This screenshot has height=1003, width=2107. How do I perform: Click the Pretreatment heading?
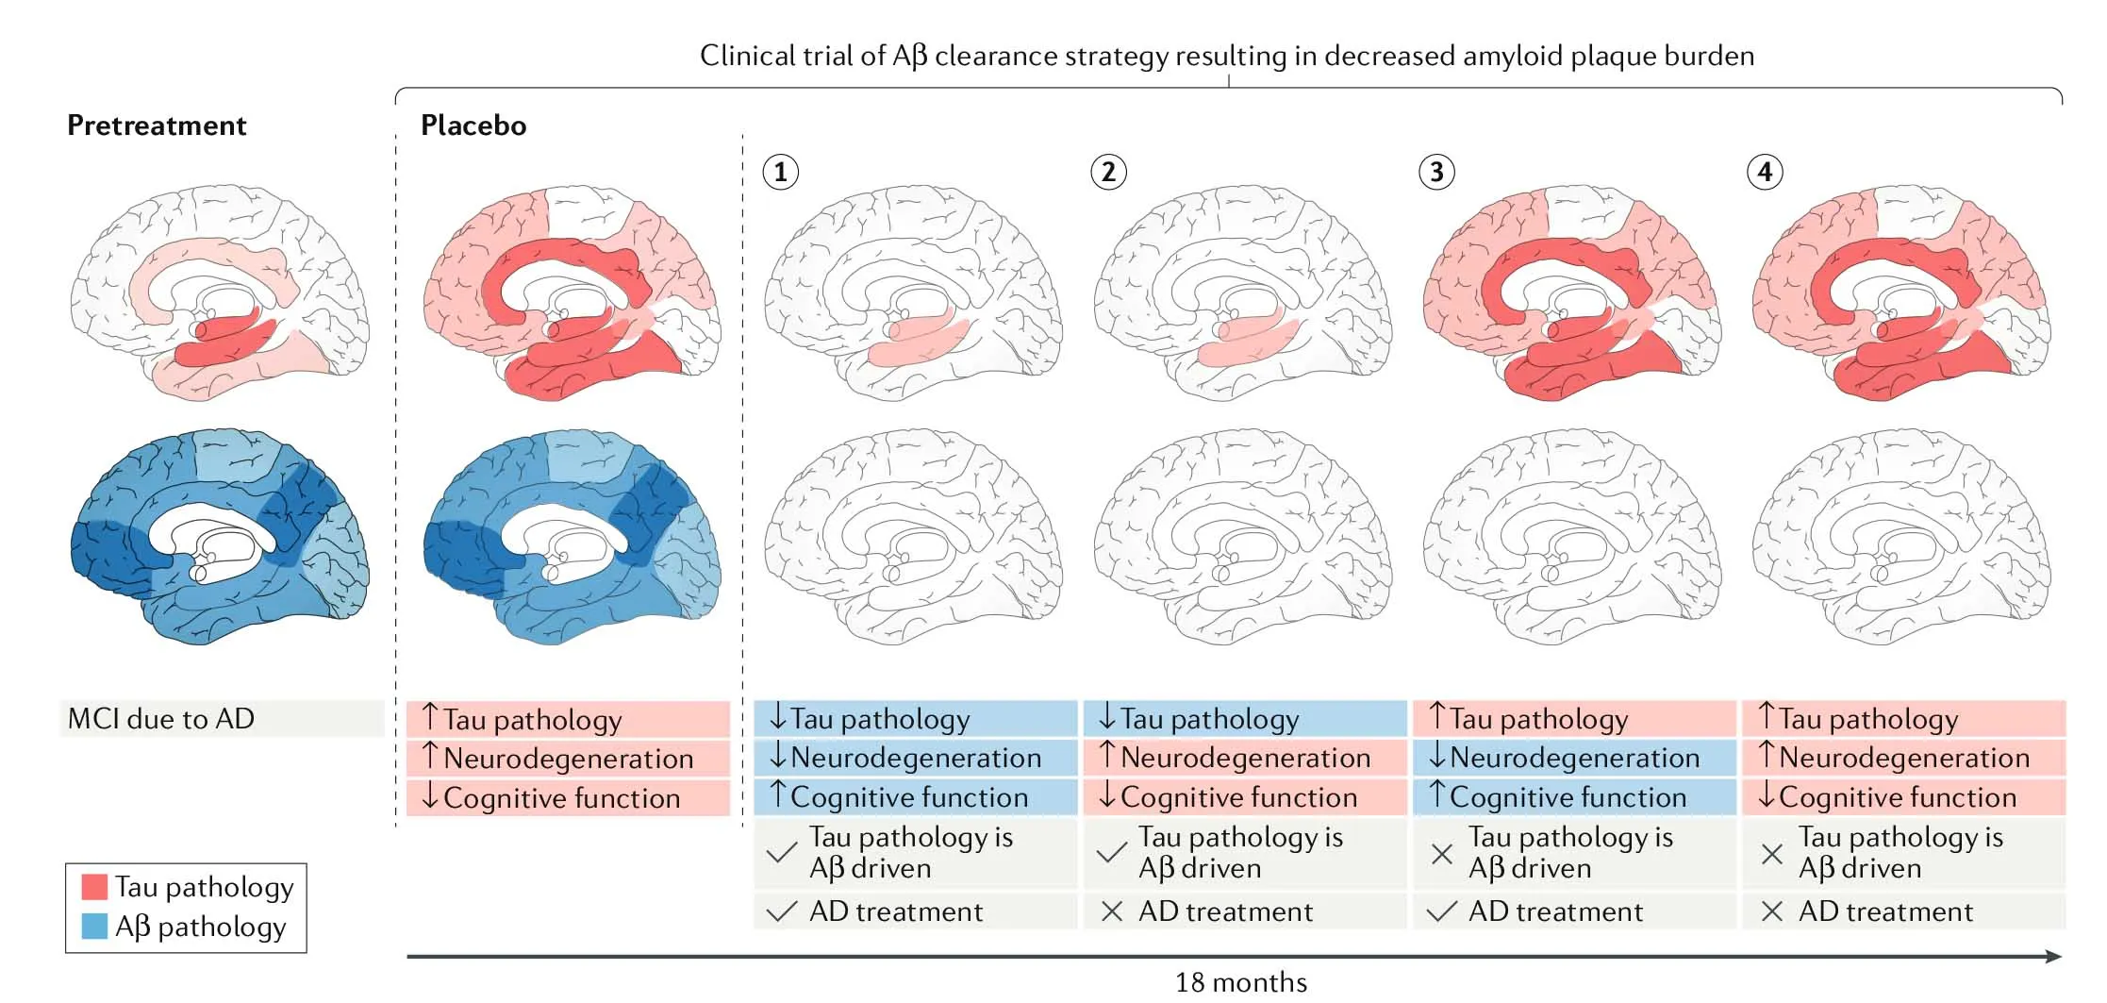[x=157, y=125]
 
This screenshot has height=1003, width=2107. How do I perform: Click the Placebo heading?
[x=473, y=125]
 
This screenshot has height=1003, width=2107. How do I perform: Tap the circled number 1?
[x=780, y=173]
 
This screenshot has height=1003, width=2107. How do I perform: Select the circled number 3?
[x=1436, y=173]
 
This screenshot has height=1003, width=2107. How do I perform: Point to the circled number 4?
[x=1765, y=173]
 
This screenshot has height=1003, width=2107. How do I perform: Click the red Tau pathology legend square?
[x=94, y=887]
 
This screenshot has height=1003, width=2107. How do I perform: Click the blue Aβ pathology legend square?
[x=94, y=927]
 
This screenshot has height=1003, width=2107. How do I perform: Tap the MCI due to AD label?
[x=161, y=719]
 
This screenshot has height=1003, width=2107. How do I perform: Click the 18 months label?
[x=1240, y=983]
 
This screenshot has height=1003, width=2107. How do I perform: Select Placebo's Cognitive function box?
[x=568, y=798]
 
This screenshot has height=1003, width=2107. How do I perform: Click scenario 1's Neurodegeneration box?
[x=915, y=758]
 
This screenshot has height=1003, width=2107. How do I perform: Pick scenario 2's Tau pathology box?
[x=1244, y=719]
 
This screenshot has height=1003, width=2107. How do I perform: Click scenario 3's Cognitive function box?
[x=1573, y=797]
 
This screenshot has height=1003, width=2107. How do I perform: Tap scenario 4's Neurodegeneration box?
[x=1902, y=758]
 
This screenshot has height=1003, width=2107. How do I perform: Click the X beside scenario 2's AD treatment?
[x=1112, y=911]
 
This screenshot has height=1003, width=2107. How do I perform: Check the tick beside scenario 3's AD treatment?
[x=1441, y=911]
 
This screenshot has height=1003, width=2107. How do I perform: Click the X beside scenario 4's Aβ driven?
[x=1771, y=854]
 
